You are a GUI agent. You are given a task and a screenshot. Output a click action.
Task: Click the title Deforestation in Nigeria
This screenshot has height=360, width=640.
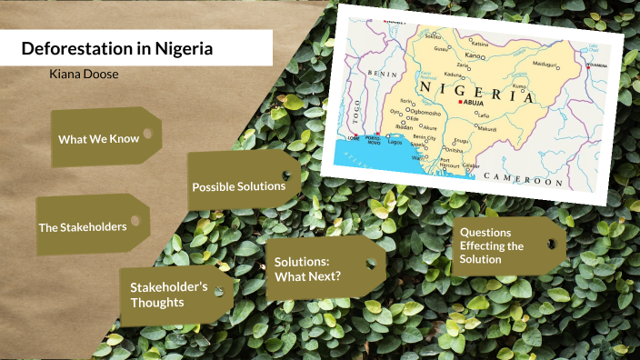pos(116,48)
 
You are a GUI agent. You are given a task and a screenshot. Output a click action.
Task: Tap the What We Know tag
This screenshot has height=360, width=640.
pos(98,139)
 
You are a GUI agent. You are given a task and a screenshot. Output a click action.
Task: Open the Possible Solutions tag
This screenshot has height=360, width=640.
pos(238,186)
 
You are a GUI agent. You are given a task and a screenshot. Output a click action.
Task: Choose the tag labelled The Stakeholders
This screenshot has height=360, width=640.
pos(82,226)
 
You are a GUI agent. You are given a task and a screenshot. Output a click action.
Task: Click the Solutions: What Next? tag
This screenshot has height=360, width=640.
pos(308,269)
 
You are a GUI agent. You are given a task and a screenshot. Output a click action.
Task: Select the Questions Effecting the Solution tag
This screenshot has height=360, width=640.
pos(492,245)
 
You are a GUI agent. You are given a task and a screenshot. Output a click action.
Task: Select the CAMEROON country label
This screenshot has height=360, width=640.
pos(523,179)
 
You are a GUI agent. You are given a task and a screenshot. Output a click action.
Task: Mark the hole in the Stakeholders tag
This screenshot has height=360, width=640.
pos(135,220)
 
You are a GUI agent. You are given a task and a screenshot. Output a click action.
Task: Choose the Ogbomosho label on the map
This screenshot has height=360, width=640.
pos(420,113)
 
